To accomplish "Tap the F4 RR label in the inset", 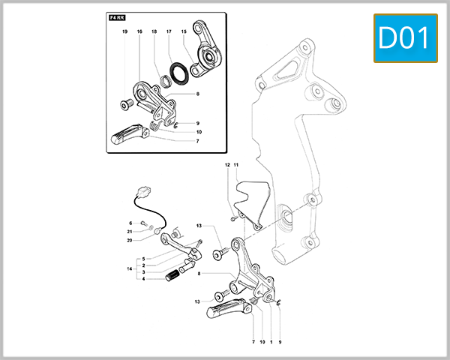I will coord(117,16).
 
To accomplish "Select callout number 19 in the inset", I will coord(125,32).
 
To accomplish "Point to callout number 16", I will coord(139,32).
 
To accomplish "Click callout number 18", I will coord(154,32).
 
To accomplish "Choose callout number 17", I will coord(169,32).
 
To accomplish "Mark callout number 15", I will coord(184,32).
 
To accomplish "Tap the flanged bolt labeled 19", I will coord(125,103).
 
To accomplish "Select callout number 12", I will coord(227,164).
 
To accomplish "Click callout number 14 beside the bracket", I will coord(130,268).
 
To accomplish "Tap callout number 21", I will coord(130,232).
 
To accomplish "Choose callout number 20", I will coord(130,240).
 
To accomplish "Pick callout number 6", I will coord(130,223).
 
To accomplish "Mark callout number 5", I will coord(144,259).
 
